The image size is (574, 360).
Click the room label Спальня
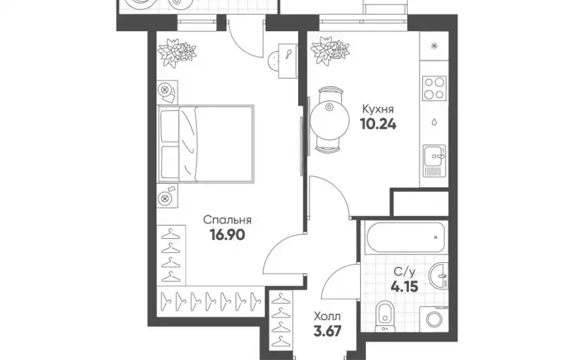click(x=228, y=220)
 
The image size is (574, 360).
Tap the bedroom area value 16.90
click(x=228, y=235)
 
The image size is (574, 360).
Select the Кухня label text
click(x=378, y=109)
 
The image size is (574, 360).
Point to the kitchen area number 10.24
click(x=378, y=125)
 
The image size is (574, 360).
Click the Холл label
click(x=327, y=316)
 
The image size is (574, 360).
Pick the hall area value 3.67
click(x=327, y=331)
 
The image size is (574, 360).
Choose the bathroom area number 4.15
click(x=404, y=286)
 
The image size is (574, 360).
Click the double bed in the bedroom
click(x=205, y=143)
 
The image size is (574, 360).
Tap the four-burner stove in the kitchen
click(x=434, y=88)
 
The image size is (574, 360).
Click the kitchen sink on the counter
click(x=434, y=160)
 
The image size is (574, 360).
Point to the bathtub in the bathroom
click(x=404, y=237)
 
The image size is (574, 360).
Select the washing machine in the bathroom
click(x=434, y=319)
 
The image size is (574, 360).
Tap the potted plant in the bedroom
click(x=176, y=52)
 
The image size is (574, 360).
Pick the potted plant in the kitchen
click(x=329, y=50)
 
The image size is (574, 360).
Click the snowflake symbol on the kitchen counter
click(x=434, y=46)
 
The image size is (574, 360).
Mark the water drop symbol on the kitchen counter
click(x=434, y=122)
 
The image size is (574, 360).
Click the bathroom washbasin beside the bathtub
click(x=438, y=275)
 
